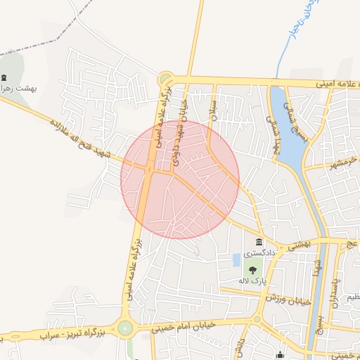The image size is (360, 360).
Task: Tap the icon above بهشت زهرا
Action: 5,77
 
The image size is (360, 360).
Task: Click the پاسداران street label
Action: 336,288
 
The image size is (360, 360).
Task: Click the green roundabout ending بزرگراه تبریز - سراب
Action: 125,328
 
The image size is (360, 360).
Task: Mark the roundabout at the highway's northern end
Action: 166,78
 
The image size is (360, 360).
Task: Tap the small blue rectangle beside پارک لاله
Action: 236,260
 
